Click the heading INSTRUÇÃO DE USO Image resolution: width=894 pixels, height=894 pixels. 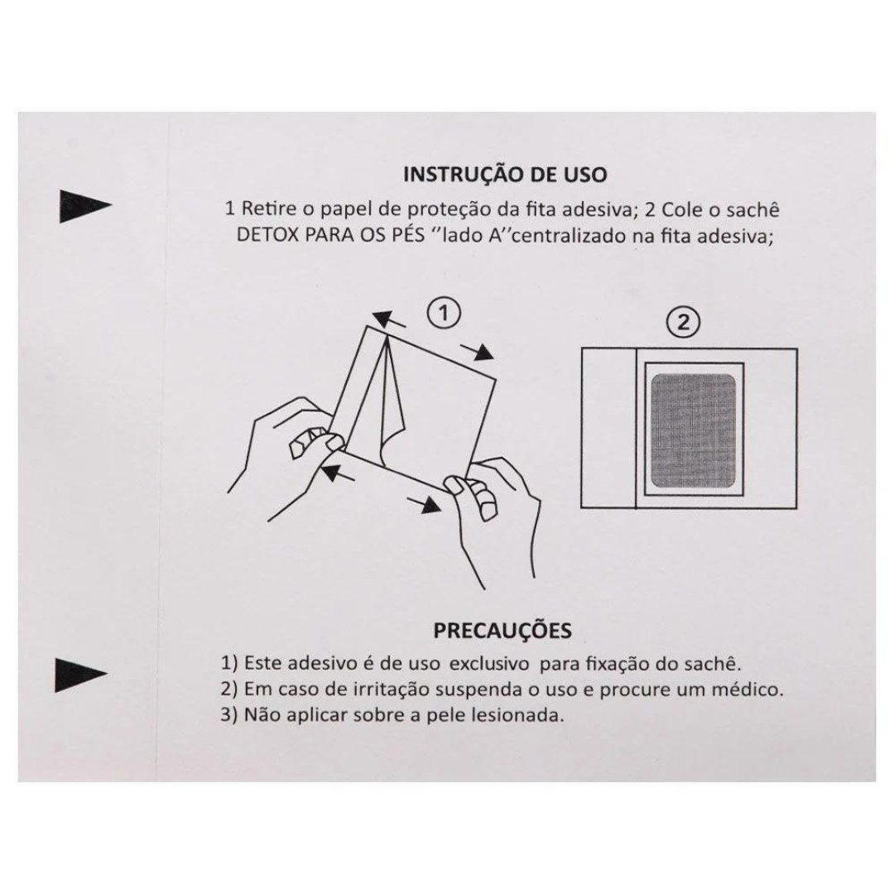(x=505, y=174)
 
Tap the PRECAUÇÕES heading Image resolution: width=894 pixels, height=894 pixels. (x=502, y=630)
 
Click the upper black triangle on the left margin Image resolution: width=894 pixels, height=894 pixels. (x=85, y=206)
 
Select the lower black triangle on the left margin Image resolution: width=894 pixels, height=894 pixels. (x=80, y=675)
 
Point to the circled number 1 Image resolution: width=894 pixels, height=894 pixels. (x=444, y=314)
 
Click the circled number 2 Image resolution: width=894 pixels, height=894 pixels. (x=683, y=323)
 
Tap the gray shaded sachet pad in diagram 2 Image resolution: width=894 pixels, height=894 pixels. (x=694, y=431)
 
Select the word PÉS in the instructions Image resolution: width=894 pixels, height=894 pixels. (x=406, y=235)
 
